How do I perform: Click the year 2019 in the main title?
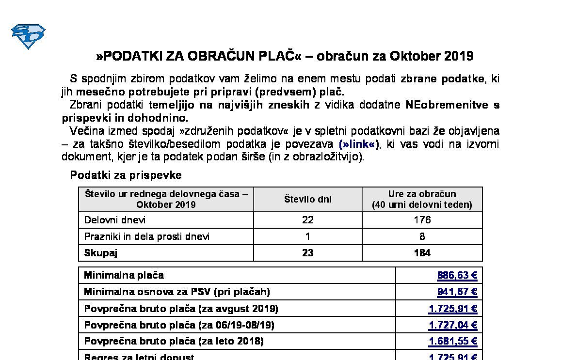[458, 56]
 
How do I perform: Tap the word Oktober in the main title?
[415, 56]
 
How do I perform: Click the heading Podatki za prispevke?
[126, 175]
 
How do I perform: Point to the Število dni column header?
[307, 199]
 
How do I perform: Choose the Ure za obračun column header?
[422, 199]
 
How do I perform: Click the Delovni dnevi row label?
[115, 220]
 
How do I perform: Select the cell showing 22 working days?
[307, 220]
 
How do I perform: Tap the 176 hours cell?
[422, 220]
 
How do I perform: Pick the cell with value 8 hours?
[422, 236]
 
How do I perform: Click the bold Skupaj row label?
[101, 253]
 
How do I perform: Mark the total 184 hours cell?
[422, 253]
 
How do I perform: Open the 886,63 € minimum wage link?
[457, 276]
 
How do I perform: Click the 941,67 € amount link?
[457, 292]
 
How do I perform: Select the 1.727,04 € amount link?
[453, 325]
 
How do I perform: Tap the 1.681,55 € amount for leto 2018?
[453, 342]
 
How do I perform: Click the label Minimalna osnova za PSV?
[177, 292]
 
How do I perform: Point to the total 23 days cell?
[307, 253]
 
